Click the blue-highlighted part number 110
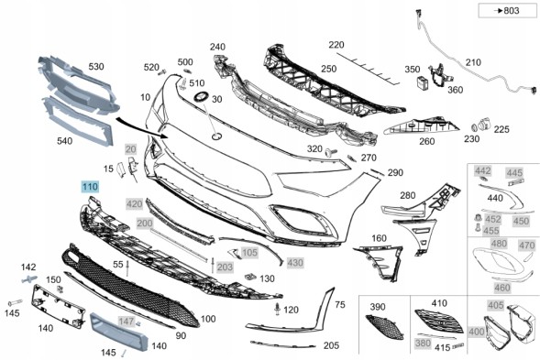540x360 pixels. click(90, 187)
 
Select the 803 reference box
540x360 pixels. click(507, 11)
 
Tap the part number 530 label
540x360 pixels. click(96, 67)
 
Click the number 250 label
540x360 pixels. click(328, 69)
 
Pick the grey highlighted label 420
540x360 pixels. click(134, 204)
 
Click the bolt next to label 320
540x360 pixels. click(331, 151)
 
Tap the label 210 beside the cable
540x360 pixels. click(473, 62)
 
